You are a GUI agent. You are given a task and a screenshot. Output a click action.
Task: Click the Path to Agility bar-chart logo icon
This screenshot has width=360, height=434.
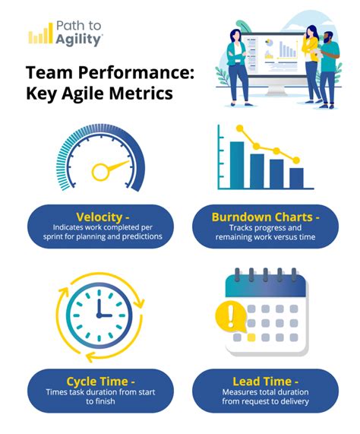[x=39, y=35]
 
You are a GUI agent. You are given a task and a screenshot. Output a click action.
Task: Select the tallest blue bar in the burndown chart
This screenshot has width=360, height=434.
[x=237, y=164]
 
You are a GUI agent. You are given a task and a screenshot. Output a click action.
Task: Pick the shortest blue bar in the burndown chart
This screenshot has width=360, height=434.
[x=296, y=177]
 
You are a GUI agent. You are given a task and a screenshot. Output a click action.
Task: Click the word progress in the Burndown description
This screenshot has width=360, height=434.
[x=270, y=227]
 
